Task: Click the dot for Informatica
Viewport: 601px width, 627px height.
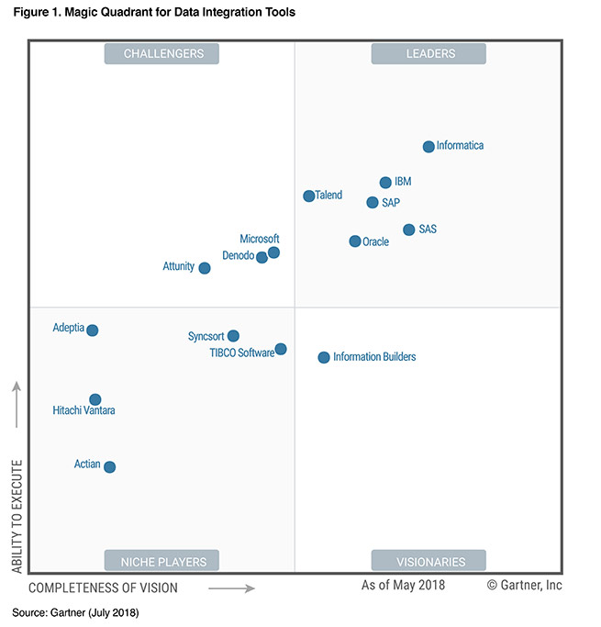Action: point(428,147)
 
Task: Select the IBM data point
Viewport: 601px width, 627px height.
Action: point(385,183)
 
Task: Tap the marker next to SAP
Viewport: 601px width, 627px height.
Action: point(372,203)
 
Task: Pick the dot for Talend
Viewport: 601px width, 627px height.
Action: point(309,196)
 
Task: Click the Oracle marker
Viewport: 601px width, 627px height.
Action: point(355,241)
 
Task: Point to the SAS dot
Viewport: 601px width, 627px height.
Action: point(409,230)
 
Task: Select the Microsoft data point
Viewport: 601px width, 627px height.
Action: point(273,252)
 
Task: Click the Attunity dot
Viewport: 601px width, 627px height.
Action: point(205,268)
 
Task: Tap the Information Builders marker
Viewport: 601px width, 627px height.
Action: point(324,357)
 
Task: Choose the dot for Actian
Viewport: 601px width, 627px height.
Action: point(110,467)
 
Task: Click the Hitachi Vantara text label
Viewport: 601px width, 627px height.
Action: point(84,411)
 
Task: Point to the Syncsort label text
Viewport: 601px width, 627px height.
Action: point(206,337)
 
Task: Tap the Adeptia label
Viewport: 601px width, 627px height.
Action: point(69,328)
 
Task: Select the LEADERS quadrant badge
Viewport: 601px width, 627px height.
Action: point(428,54)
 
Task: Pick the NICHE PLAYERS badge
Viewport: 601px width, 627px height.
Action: point(163,561)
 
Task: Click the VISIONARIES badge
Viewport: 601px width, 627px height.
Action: point(428,561)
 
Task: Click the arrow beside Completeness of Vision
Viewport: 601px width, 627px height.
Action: point(231,588)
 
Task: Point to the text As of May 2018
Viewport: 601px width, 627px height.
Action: point(403,585)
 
